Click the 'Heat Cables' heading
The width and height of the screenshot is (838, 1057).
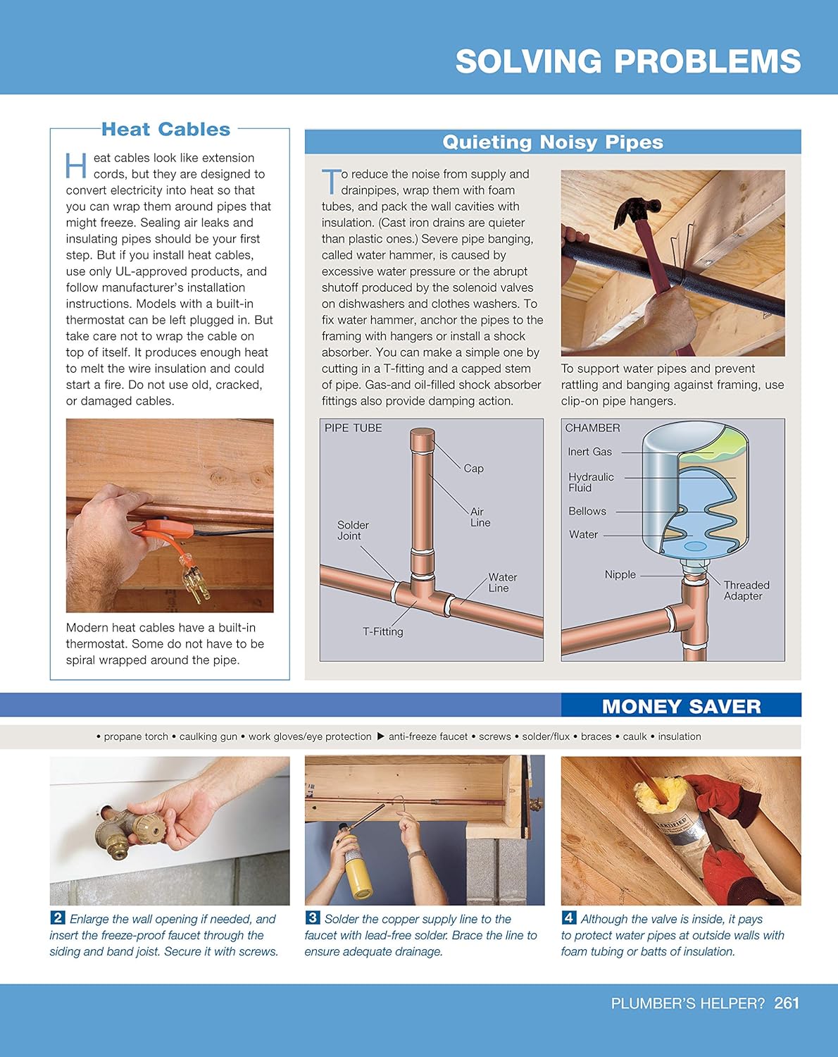coord(166,129)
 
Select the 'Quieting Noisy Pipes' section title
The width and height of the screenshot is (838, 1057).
coord(553,142)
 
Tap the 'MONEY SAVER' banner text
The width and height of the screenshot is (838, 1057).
coord(682,706)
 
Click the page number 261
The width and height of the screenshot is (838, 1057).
coord(787,1003)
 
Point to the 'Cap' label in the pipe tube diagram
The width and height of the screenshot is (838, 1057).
coord(474,469)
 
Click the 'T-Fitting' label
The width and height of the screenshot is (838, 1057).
coord(383,631)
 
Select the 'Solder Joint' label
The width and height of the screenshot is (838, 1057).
coord(353,531)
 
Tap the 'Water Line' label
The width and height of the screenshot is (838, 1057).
coord(502,583)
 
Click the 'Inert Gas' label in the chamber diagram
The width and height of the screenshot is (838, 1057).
coord(589,452)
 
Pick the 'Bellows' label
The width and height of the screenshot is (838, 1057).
coord(587,512)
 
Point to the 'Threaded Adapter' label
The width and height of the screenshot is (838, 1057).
coord(746,591)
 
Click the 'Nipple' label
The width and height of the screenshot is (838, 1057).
coord(620,575)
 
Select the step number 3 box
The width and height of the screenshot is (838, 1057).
coord(313,917)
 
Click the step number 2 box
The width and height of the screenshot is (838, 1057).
coord(58,917)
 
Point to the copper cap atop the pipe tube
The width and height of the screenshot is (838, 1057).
coord(423,438)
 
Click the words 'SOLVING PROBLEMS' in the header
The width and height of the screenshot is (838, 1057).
coord(628,61)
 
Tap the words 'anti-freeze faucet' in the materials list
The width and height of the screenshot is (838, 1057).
coord(428,736)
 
